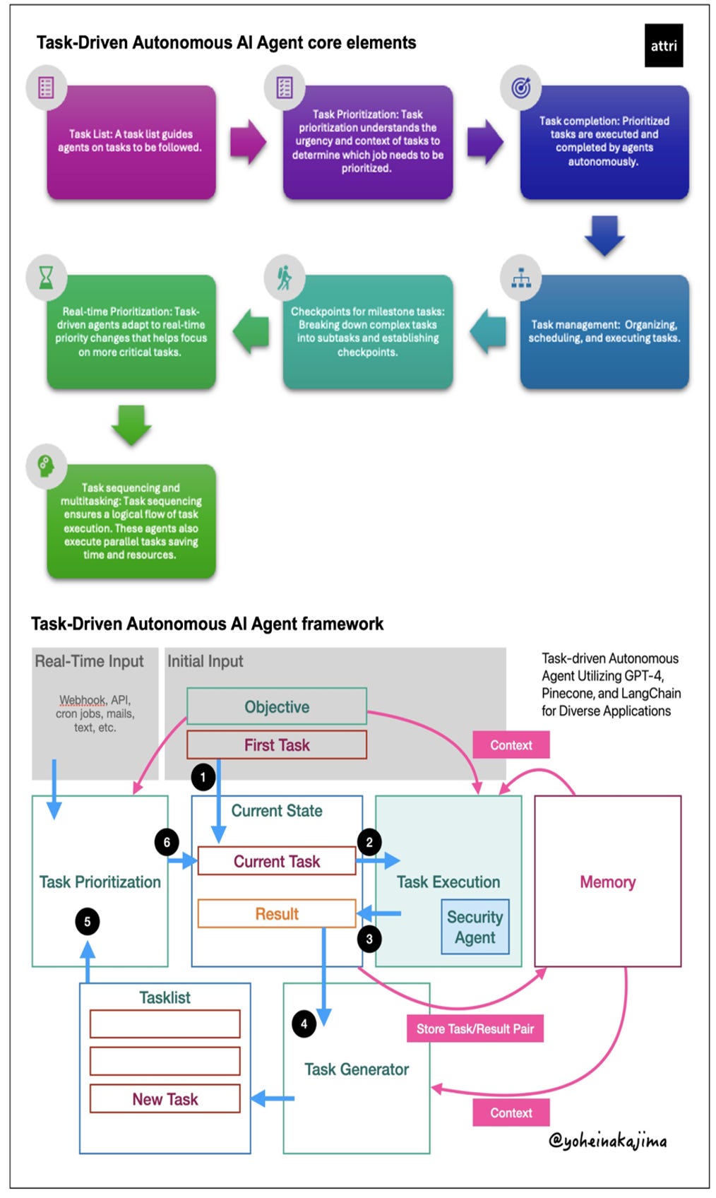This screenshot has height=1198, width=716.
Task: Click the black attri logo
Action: [x=664, y=45]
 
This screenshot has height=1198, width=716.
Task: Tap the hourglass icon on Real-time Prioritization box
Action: [x=47, y=278]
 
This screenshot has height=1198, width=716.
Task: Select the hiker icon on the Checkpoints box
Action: [x=285, y=278]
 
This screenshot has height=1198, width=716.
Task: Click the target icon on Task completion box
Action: [x=521, y=87]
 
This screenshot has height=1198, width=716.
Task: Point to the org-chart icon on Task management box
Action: [x=521, y=278]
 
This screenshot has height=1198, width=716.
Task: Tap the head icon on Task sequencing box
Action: [x=47, y=466]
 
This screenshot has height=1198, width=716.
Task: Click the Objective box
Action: [x=277, y=706]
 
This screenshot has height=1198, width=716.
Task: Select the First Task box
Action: [x=277, y=745]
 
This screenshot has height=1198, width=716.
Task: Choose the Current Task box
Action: [x=277, y=860]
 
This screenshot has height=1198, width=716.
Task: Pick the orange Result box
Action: [x=277, y=913]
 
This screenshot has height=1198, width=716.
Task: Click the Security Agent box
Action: [x=475, y=927]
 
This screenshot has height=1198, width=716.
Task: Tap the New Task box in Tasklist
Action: [x=165, y=1098]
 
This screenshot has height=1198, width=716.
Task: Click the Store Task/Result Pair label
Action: [x=475, y=1028]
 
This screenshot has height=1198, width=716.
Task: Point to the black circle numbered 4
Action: [x=304, y=1024]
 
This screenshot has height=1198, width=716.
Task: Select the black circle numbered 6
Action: [x=167, y=843]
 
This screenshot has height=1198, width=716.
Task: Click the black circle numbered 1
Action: [x=203, y=777]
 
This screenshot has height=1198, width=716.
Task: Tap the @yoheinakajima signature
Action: [x=608, y=1141]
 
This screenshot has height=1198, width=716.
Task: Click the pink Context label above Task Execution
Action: [x=511, y=745]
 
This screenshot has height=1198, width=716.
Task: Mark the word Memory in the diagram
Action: [x=608, y=882]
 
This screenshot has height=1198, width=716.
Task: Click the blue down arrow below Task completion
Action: [x=604, y=236]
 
